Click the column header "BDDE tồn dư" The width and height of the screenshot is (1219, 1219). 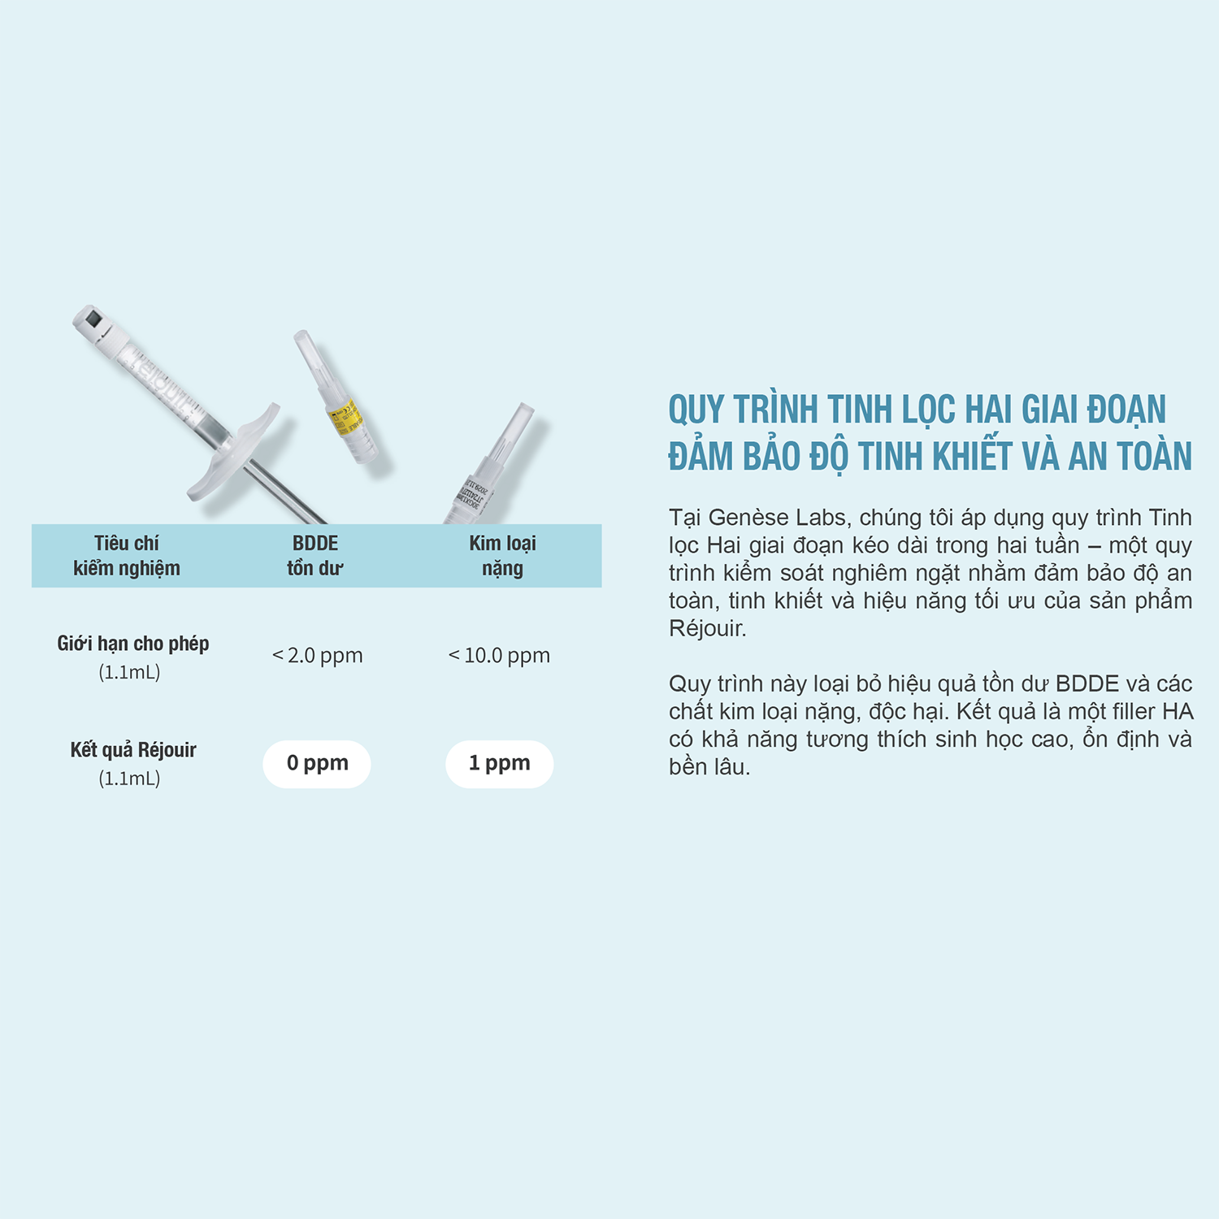point(315,556)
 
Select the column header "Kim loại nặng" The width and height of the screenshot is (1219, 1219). point(502,556)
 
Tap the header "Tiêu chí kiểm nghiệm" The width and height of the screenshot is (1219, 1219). point(127,556)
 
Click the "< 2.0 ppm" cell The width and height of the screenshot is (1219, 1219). point(318,655)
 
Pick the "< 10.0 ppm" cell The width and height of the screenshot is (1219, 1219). point(500,655)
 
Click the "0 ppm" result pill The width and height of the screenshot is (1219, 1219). point(317,764)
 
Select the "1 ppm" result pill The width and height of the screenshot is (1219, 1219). point(499,764)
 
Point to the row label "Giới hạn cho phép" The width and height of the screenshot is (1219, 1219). point(132,644)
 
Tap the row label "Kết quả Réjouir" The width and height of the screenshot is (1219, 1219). point(132,750)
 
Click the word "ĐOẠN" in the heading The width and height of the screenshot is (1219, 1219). point(1126,410)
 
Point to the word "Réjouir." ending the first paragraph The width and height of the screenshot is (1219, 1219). point(707,628)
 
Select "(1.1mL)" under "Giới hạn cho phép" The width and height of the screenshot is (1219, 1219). point(129,672)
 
